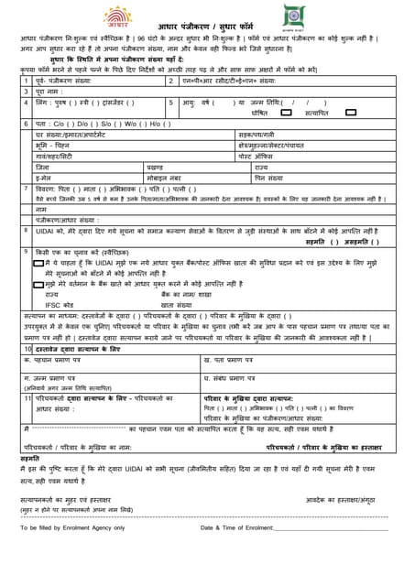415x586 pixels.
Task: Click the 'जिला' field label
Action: (42, 167)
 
